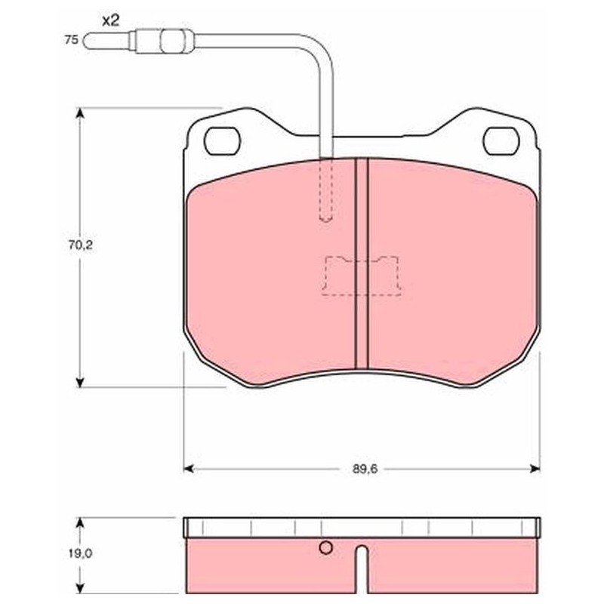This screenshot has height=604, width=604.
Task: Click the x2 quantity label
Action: point(110,21)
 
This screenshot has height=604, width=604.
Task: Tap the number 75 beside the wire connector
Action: point(71,40)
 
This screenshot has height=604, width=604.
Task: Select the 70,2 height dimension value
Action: point(81,245)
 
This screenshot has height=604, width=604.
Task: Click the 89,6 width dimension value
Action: point(365,469)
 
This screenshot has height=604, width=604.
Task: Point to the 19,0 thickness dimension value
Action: point(81,553)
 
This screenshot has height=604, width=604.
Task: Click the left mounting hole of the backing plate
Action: point(222,141)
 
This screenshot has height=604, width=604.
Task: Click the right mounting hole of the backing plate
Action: point(501,141)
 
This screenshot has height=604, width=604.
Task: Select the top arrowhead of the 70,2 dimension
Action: point(80,113)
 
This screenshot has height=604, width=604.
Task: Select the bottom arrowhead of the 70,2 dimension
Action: point(80,382)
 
